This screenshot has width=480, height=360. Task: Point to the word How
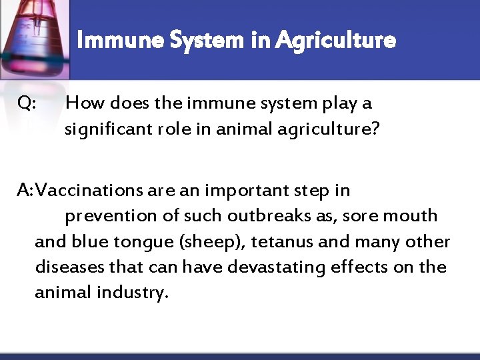tap(83, 103)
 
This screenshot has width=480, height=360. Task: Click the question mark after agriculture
tap(375, 129)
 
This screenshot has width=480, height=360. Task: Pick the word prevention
tap(106, 216)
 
